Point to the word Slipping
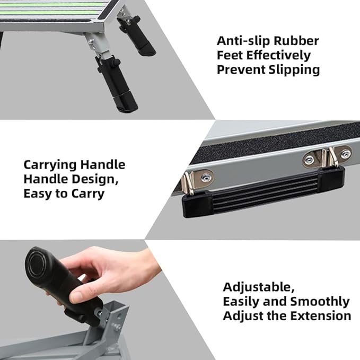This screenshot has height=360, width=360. [x=293, y=70]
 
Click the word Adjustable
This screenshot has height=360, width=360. [x=258, y=287]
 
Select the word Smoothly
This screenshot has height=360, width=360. [x=320, y=302]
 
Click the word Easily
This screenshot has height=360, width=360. [x=245, y=302]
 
